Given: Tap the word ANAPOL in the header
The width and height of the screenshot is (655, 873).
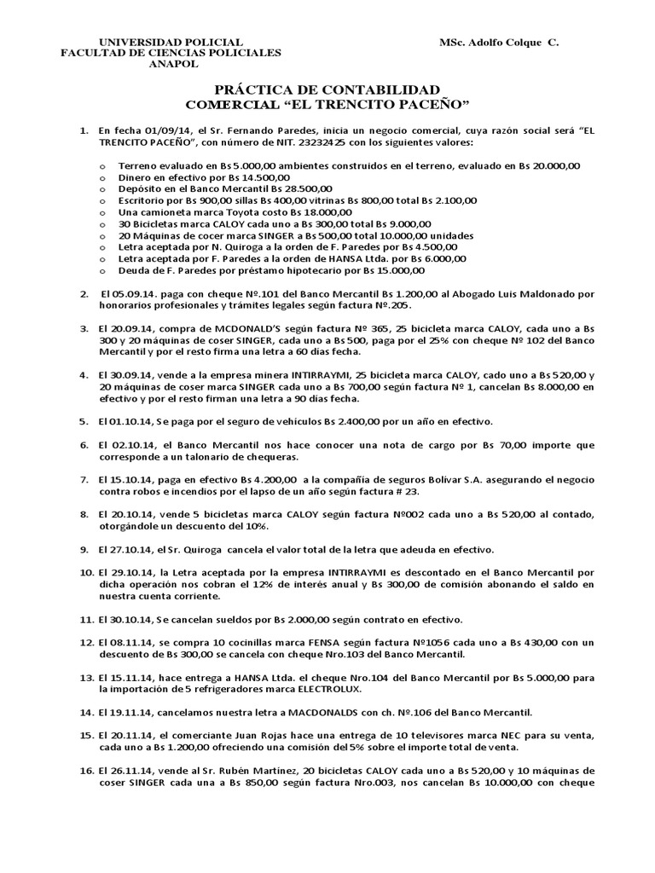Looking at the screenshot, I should (x=173, y=63).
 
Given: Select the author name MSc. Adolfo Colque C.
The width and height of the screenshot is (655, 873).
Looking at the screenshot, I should (x=499, y=42).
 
